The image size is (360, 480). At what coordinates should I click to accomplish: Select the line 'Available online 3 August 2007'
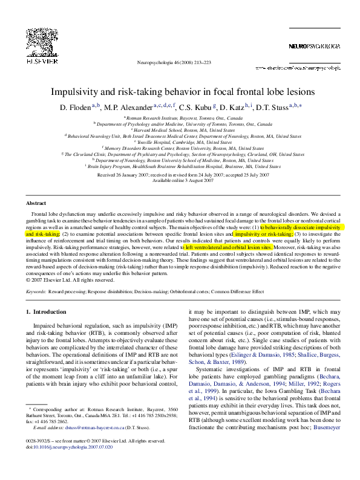coord(180,180)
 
